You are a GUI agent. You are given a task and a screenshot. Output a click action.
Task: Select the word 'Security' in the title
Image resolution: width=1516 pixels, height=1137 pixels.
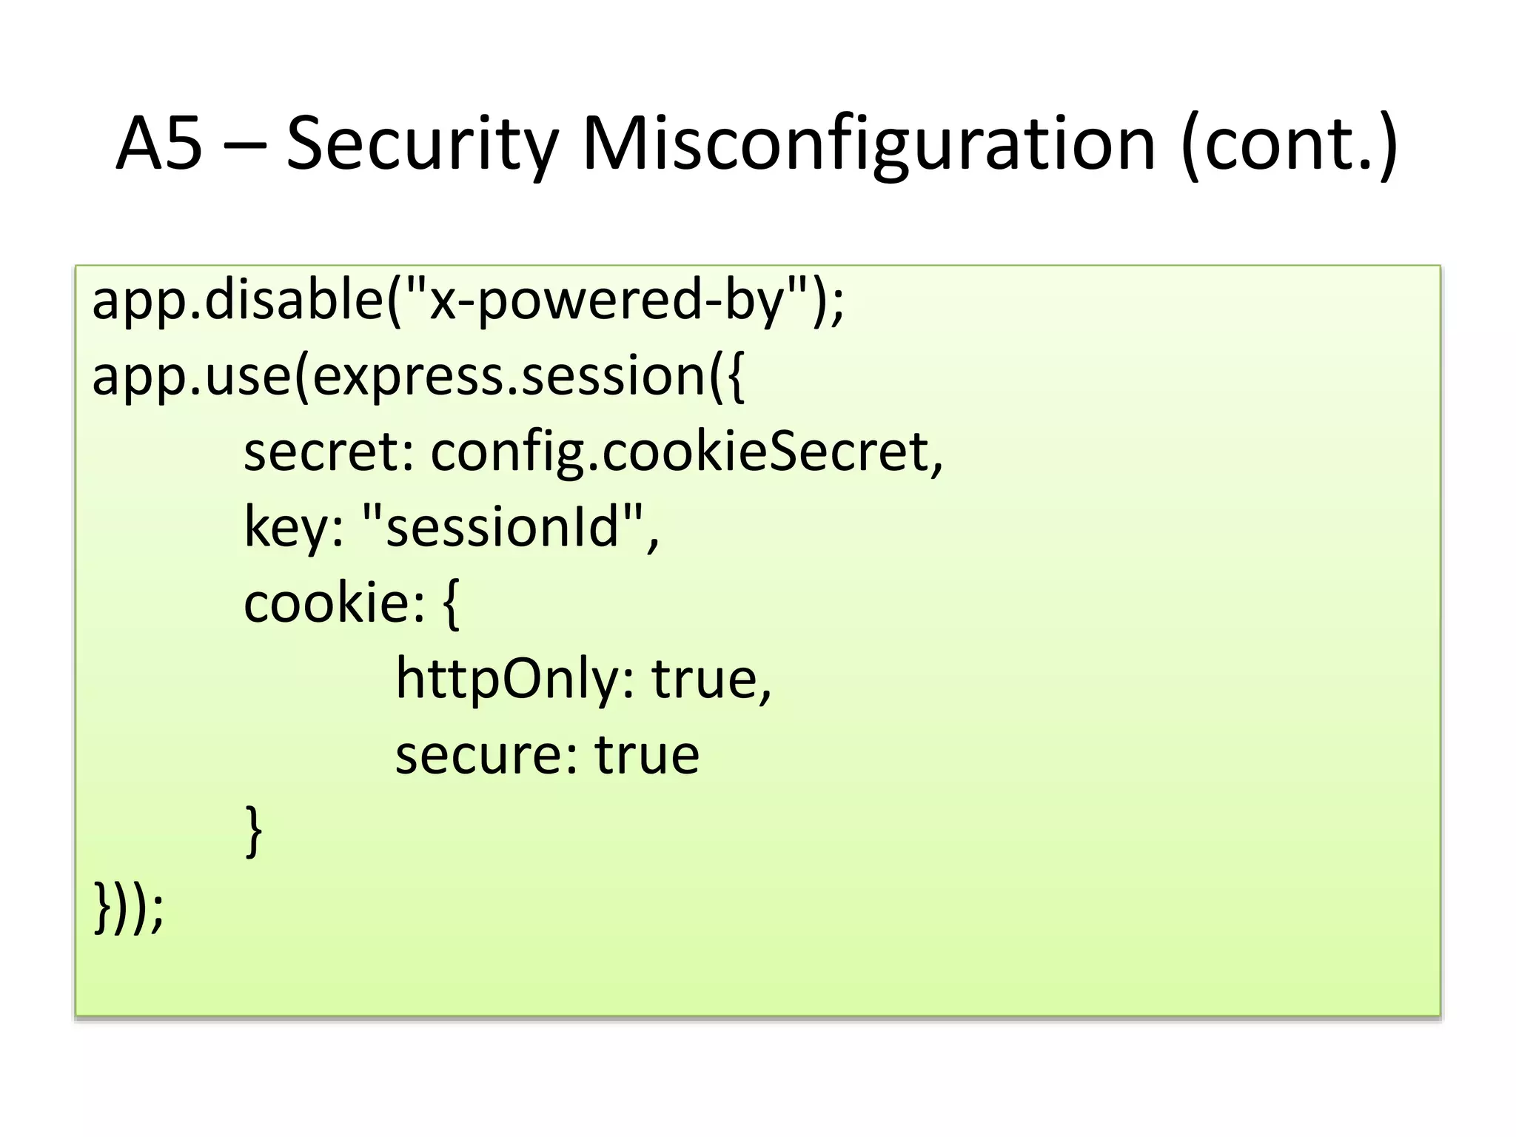pos(422,144)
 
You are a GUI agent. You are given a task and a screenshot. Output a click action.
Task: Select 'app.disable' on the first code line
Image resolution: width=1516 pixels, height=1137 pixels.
pos(237,301)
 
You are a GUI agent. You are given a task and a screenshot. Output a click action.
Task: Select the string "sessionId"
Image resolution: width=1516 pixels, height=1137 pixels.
pos(503,527)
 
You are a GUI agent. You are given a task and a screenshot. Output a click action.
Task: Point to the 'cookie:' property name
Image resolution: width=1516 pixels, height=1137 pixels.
pos(334,603)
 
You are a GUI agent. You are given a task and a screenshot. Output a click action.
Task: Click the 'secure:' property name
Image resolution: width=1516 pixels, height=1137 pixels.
pos(486,755)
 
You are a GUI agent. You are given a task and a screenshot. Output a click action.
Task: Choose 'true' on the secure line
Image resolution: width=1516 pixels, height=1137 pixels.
pos(647,755)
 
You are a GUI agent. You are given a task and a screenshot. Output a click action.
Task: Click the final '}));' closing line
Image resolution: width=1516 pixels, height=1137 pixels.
pos(128,908)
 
